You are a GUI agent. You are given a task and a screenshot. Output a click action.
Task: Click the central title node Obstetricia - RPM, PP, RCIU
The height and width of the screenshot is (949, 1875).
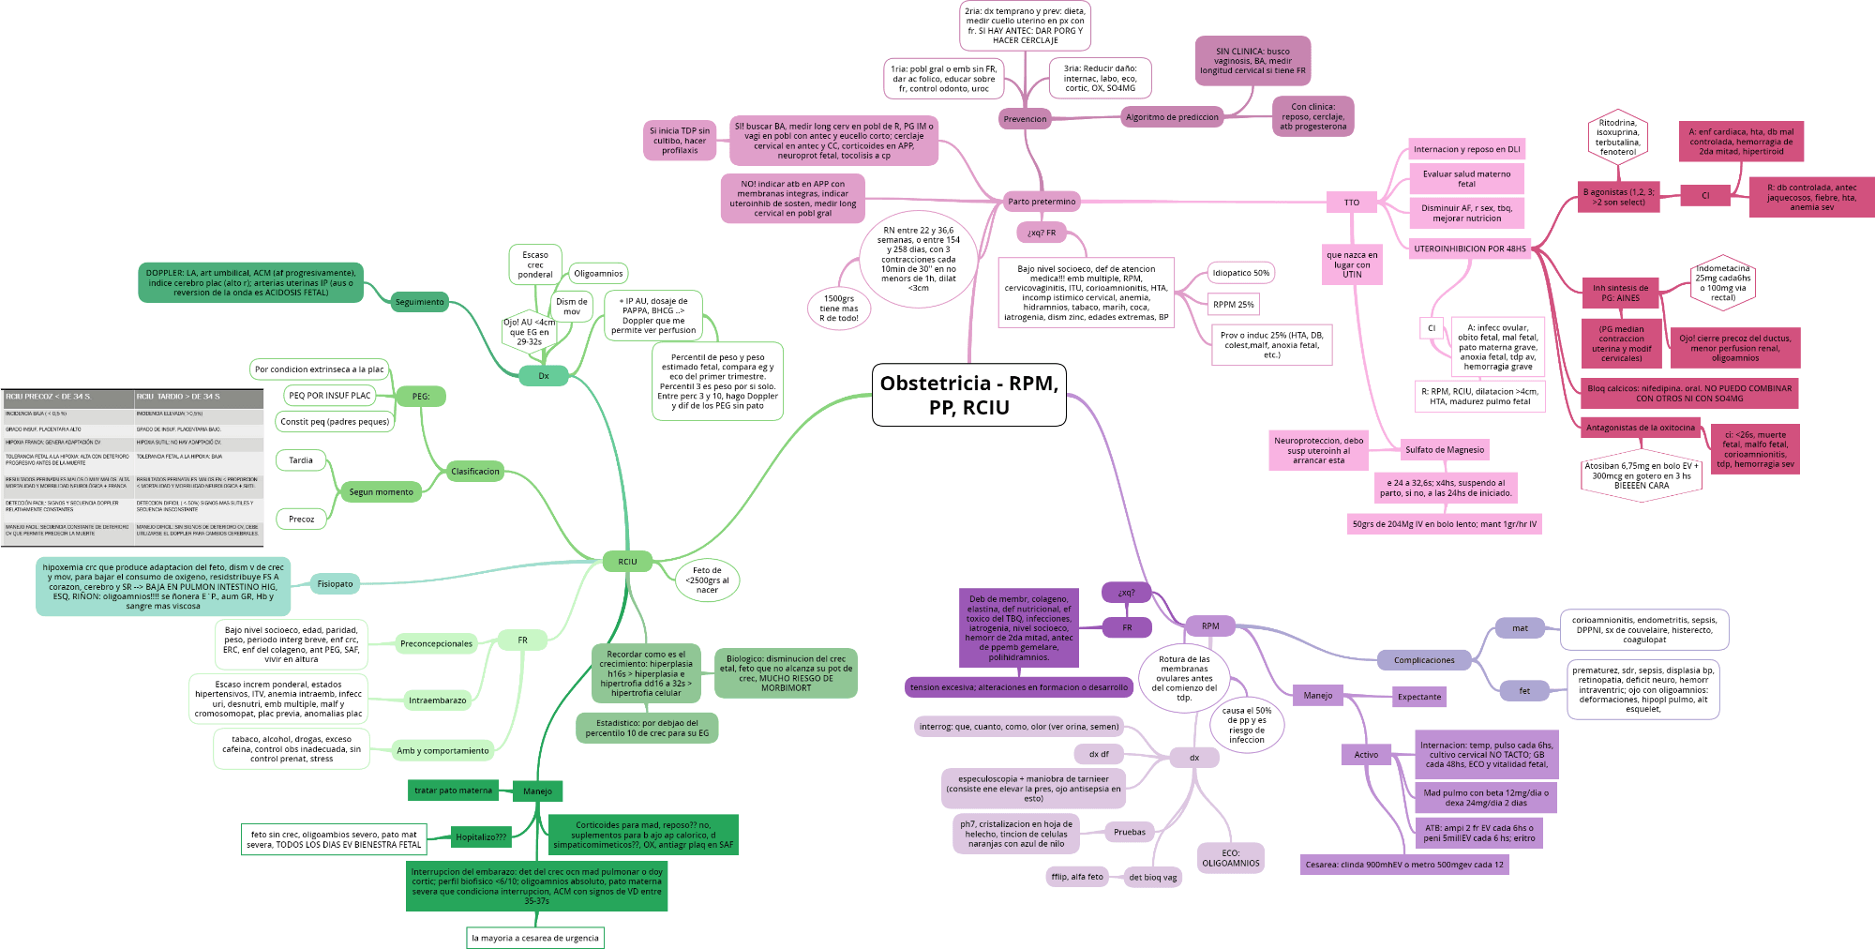(968, 395)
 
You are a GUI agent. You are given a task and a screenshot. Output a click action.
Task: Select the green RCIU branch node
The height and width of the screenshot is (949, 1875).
(627, 562)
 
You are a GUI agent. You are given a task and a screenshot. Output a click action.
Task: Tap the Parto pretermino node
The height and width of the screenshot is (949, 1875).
(1041, 201)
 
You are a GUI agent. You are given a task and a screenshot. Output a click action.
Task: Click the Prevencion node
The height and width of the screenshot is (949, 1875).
(1025, 119)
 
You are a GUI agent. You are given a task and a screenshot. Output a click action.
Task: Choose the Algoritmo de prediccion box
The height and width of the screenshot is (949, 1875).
(1172, 117)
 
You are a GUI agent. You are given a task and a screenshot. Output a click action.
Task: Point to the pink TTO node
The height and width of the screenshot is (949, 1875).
(1351, 203)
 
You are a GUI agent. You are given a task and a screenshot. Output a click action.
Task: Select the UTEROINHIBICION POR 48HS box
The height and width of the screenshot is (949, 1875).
(1469, 249)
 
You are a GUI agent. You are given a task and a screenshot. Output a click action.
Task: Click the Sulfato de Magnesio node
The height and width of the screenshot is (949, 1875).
(1444, 450)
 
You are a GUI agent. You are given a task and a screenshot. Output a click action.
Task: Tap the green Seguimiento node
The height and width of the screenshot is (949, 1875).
(419, 302)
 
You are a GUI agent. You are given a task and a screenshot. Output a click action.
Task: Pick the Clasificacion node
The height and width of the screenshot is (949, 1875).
(475, 472)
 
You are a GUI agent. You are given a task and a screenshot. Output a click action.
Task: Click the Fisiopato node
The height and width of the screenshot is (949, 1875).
(335, 584)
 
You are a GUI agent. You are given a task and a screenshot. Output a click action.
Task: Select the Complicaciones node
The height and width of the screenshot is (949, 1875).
(1423, 660)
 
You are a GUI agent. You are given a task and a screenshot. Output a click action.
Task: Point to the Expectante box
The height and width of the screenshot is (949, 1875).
(1418, 697)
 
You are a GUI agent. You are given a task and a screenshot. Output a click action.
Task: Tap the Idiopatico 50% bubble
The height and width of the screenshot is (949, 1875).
(1240, 273)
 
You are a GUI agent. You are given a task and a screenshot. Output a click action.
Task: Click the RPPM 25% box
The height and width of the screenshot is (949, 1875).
(1233, 305)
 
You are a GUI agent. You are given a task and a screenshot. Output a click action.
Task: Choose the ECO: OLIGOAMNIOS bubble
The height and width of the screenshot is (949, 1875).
(1231, 858)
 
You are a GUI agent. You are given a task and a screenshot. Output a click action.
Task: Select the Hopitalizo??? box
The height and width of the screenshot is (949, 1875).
(480, 837)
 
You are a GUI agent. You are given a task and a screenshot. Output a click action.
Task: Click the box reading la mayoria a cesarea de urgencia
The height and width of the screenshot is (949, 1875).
(534, 938)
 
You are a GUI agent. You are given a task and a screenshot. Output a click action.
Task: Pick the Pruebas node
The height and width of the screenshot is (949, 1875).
(1129, 832)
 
